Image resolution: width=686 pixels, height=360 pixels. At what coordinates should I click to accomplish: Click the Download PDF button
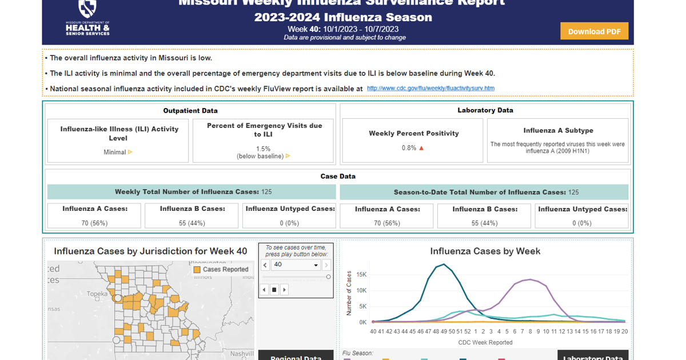[594, 31]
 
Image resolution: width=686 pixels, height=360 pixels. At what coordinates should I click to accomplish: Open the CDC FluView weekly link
[430, 89]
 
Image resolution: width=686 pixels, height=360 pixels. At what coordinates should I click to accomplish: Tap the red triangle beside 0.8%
[422, 148]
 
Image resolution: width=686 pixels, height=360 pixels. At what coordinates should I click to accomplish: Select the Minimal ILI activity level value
[115, 153]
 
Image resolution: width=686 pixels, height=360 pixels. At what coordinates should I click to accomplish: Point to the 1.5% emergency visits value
[263, 149]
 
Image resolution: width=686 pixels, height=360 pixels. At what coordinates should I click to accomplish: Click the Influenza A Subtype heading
[558, 130]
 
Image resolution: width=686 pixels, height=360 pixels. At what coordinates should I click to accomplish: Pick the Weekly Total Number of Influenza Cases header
[187, 192]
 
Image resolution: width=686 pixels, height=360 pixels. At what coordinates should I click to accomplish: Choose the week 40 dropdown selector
[296, 265]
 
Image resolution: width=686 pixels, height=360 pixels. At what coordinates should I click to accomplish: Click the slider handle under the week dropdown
[328, 277]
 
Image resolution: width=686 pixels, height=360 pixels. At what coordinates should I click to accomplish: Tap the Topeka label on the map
[97, 294]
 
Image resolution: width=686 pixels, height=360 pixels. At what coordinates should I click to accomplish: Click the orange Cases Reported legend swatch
[197, 270]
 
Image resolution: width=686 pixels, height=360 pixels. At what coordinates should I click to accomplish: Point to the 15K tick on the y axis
[361, 274]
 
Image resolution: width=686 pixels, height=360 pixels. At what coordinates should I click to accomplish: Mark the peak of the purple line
[531, 279]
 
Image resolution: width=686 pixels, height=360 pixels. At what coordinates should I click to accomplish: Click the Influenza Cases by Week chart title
[485, 251]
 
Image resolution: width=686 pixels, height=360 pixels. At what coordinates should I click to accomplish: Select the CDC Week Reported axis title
[485, 342]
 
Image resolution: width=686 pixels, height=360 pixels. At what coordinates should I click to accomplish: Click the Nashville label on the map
[241, 354]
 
